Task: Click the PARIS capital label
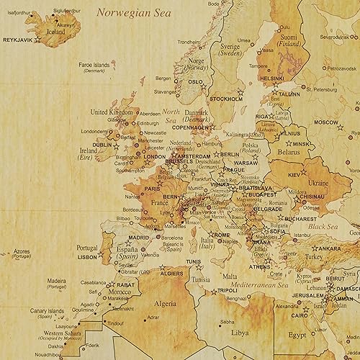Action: (153, 189)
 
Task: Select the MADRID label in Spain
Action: (138, 236)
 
